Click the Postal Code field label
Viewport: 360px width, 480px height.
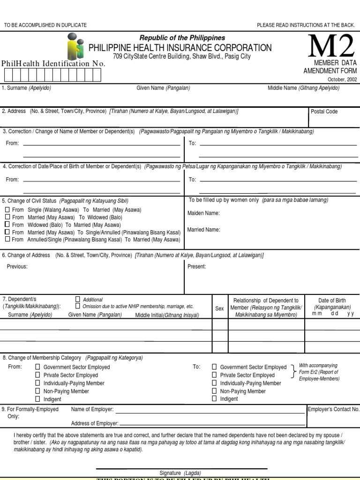(x=324, y=112)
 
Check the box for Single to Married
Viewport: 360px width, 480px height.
(x=7, y=210)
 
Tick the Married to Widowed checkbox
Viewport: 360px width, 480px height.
(x=7, y=217)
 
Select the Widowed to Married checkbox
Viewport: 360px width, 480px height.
(x=7, y=225)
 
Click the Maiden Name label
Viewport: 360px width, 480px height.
(x=203, y=213)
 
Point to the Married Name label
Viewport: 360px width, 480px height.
(x=203, y=230)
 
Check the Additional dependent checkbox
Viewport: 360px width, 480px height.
(x=78, y=299)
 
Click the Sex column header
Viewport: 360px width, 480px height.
(x=219, y=309)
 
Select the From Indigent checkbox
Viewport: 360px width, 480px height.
(x=38, y=399)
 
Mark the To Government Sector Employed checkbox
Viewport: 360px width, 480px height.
(x=214, y=367)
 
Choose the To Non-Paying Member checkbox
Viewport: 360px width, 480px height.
(x=214, y=391)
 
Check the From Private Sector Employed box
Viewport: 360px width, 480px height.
(x=38, y=375)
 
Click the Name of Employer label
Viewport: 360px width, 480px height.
(x=92, y=409)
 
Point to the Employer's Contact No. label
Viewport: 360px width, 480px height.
(x=333, y=409)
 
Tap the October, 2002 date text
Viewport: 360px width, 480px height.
(x=343, y=79)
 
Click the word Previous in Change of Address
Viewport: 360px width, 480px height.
(x=17, y=267)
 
